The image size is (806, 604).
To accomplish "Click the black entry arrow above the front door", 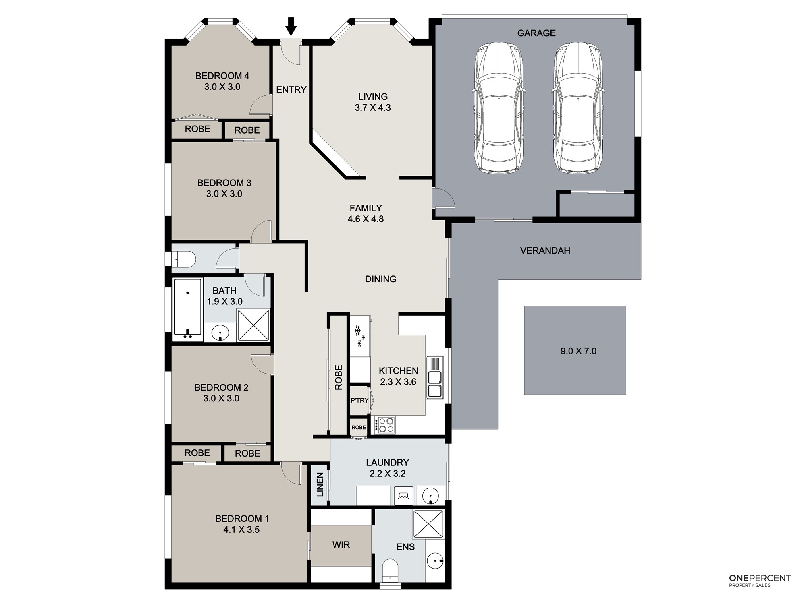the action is point(291,26).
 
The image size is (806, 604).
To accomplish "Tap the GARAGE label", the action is point(536,33).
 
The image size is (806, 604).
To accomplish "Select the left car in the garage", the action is point(499,108).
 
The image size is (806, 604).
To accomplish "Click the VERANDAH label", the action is point(545,250).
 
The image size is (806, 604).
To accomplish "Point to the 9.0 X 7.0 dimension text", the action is point(578,351).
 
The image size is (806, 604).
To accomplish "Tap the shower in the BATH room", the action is point(253,325).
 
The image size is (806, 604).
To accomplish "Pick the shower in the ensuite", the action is point(428,523).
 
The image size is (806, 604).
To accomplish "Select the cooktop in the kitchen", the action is point(385,425).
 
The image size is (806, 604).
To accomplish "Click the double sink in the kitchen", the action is point(435,378).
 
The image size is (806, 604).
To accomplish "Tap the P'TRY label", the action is point(359,400).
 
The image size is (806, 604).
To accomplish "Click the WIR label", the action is point(341,545).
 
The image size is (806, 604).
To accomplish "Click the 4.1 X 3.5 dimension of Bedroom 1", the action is point(241,530).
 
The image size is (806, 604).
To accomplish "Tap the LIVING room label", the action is point(373,97).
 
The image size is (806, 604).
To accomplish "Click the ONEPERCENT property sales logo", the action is point(760,580).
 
